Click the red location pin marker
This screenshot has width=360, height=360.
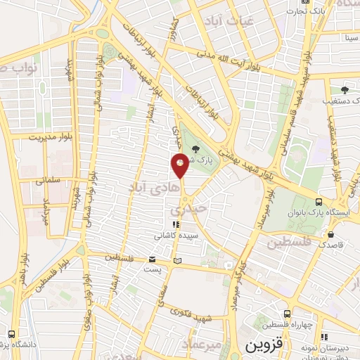[180, 164]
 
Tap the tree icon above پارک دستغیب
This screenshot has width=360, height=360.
[344, 90]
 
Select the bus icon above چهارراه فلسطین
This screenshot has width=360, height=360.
[286, 314]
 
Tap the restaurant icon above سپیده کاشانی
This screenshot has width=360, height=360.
[167, 224]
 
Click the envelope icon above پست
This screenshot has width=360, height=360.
[153, 259]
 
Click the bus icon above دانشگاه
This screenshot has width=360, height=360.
[12, 334]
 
